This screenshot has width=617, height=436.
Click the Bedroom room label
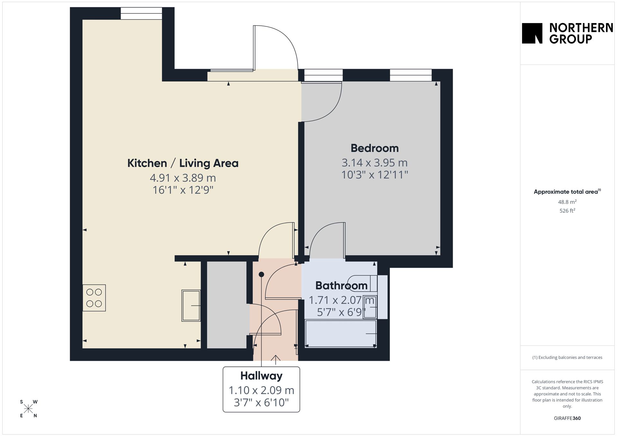pos(375,148)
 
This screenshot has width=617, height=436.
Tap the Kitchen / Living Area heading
pos(183,163)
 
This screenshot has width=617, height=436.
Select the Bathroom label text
pos(341,285)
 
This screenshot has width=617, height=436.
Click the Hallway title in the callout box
pos(261,376)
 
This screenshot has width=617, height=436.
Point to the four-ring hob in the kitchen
pos(94,298)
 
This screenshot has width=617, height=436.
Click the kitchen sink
pos(191,306)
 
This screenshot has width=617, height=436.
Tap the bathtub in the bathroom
pos(341,334)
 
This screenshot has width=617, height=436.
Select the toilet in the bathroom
pos(363,283)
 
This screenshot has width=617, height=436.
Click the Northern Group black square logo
pos(532,33)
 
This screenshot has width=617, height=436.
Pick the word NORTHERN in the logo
pos(581,28)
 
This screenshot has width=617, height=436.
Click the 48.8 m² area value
pos(567,202)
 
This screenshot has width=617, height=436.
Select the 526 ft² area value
pos(567,211)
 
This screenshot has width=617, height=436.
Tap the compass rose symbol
pos(29,409)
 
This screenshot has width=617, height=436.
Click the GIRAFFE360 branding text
pos(567,418)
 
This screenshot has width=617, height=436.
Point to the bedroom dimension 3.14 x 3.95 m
pos(375,163)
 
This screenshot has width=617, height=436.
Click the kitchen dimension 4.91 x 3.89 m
pos(183,178)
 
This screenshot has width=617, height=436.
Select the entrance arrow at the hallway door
pos(275,360)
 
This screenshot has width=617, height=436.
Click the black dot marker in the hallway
pos(261,275)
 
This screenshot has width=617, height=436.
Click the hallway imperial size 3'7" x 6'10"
pos(261,403)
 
